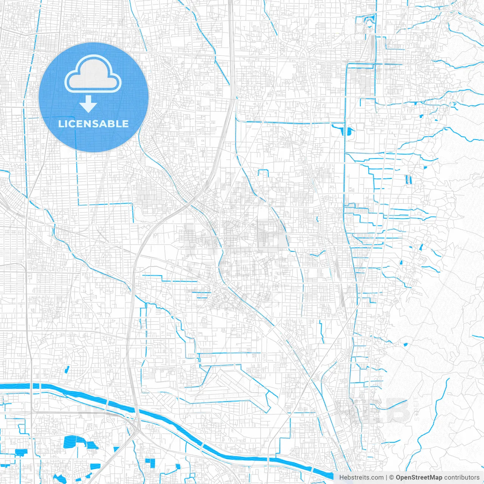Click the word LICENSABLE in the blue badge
93,124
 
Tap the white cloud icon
93,74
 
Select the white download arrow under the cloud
88,104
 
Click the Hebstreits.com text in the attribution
361,478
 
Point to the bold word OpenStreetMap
419,478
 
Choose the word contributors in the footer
461,478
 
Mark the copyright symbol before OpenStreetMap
392,478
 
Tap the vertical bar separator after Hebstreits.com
386,478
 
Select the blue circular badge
93,97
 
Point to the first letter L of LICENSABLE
61,124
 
